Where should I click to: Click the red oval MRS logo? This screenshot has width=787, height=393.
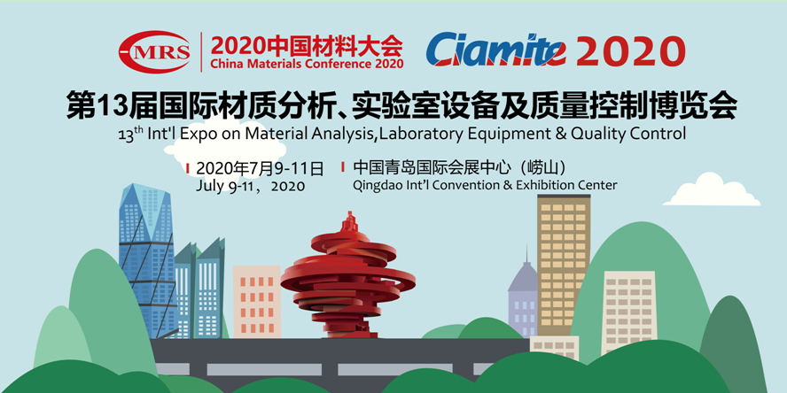(154, 51)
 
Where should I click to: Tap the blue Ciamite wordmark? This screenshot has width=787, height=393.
(496, 50)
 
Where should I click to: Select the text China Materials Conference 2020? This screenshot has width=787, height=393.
(308, 64)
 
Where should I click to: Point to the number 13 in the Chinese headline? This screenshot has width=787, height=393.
(105, 105)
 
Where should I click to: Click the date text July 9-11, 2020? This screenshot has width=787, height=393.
(251, 186)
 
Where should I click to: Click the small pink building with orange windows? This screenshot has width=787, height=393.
(257, 301)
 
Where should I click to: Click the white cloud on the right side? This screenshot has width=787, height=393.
(712, 189)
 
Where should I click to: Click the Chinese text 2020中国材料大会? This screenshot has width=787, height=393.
(307, 46)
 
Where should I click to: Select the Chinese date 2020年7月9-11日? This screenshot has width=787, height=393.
(260, 168)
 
